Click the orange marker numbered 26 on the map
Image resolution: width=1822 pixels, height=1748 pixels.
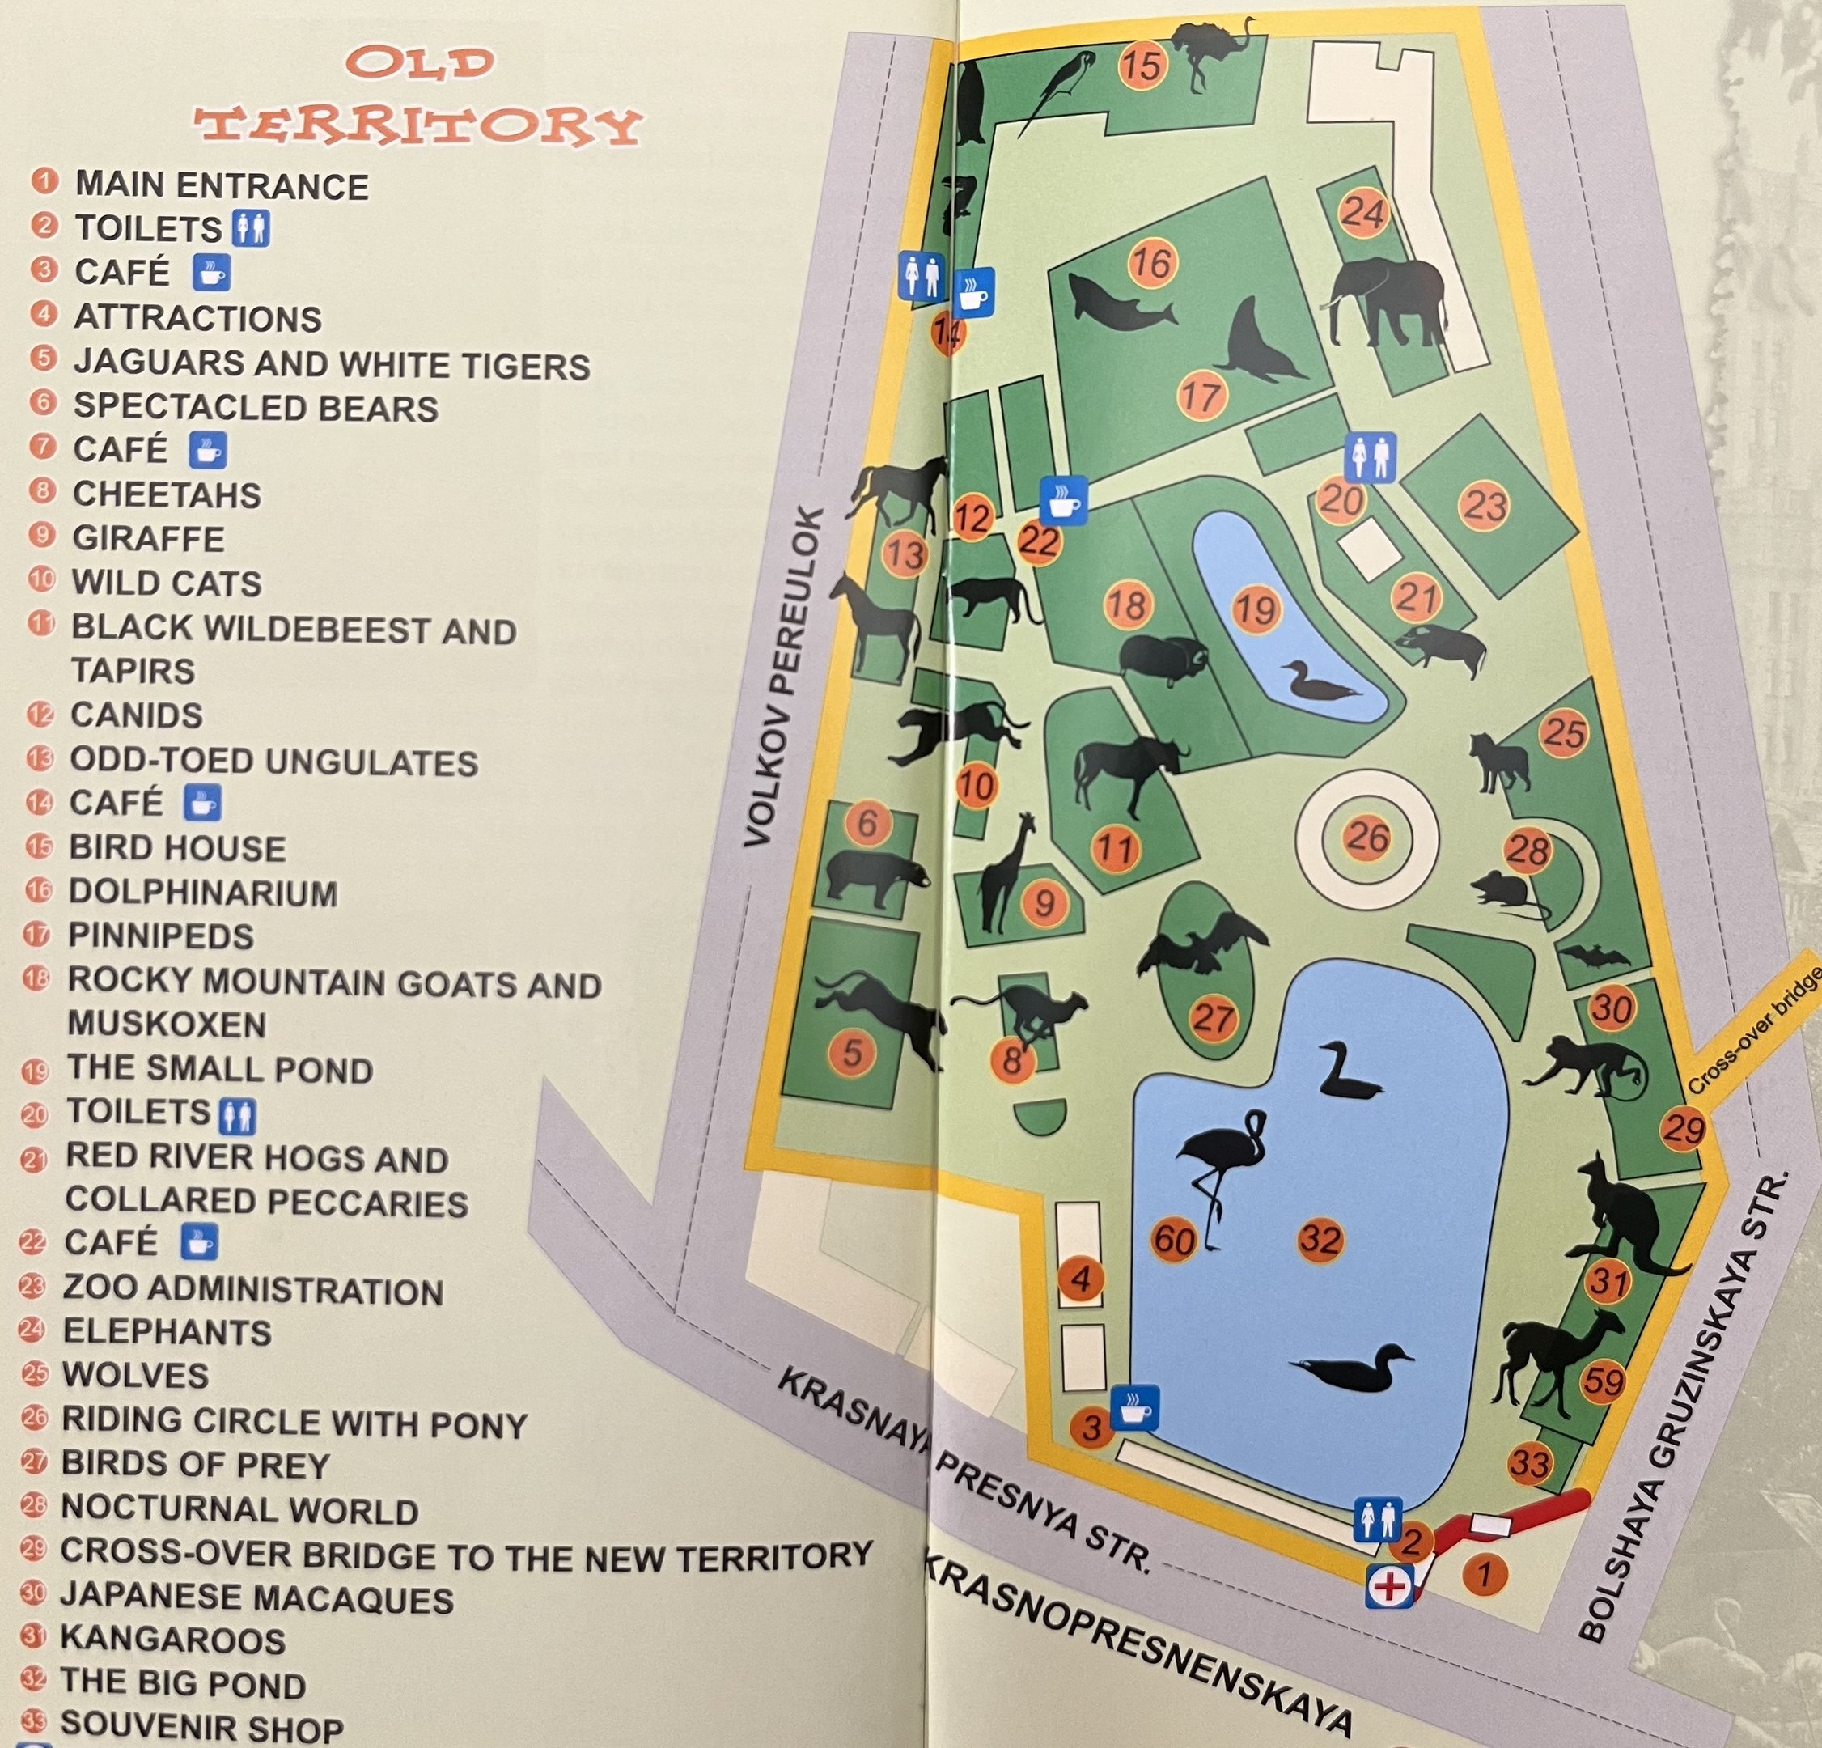pos(1367,838)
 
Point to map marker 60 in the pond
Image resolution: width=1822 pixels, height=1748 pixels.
pos(1174,1240)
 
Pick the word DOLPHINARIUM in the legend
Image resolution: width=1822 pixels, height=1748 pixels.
pos(202,893)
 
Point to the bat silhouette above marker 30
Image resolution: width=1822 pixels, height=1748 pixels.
pos(1593,957)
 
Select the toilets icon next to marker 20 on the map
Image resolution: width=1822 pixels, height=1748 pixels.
pos(1371,456)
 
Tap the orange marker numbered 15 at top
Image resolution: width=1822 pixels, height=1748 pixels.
pos(1142,66)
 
